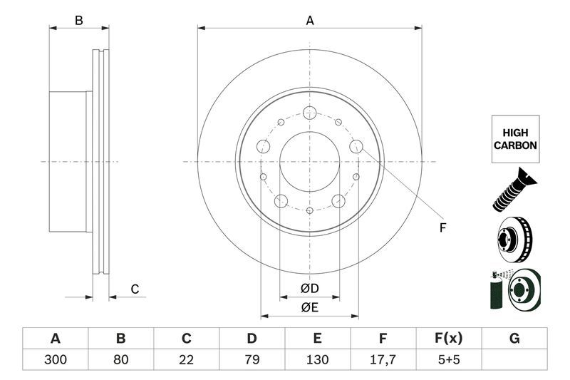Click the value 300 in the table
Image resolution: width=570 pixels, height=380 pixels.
(x=55, y=359)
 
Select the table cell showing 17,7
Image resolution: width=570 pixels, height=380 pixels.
(x=383, y=359)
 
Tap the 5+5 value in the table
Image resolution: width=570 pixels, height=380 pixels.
(x=449, y=359)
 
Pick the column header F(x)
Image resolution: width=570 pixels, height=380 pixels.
(x=449, y=339)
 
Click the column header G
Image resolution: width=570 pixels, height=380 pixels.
(x=514, y=339)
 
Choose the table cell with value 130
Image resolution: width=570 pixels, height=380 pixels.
(x=318, y=359)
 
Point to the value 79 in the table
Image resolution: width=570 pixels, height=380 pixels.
(x=252, y=359)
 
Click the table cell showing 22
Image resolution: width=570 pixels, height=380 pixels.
(x=187, y=359)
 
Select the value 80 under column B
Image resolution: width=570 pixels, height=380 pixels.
(x=121, y=359)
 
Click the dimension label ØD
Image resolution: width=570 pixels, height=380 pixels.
(x=309, y=289)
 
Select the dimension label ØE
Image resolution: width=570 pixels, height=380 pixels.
(x=309, y=307)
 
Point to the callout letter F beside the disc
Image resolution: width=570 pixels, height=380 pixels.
(x=442, y=228)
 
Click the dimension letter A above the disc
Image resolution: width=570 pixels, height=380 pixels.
(x=310, y=21)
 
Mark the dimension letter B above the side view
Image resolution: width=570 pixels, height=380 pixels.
(x=79, y=21)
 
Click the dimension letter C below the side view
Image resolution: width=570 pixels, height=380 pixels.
(x=134, y=289)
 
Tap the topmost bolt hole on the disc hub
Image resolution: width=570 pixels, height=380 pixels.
(x=309, y=113)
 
